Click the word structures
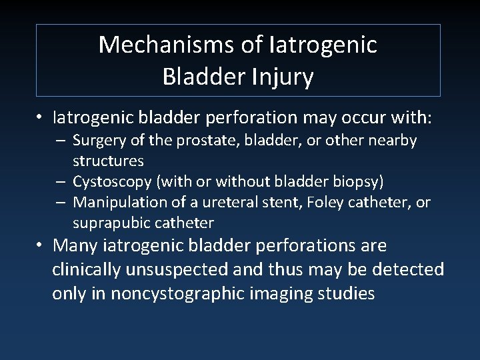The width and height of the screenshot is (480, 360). click(x=108, y=161)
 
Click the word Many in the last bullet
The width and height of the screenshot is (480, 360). click(x=75, y=246)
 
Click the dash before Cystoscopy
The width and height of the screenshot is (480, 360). click(x=60, y=182)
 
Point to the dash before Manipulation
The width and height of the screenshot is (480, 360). click(x=60, y=203)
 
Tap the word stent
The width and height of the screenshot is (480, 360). click(x=267, y=202)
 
